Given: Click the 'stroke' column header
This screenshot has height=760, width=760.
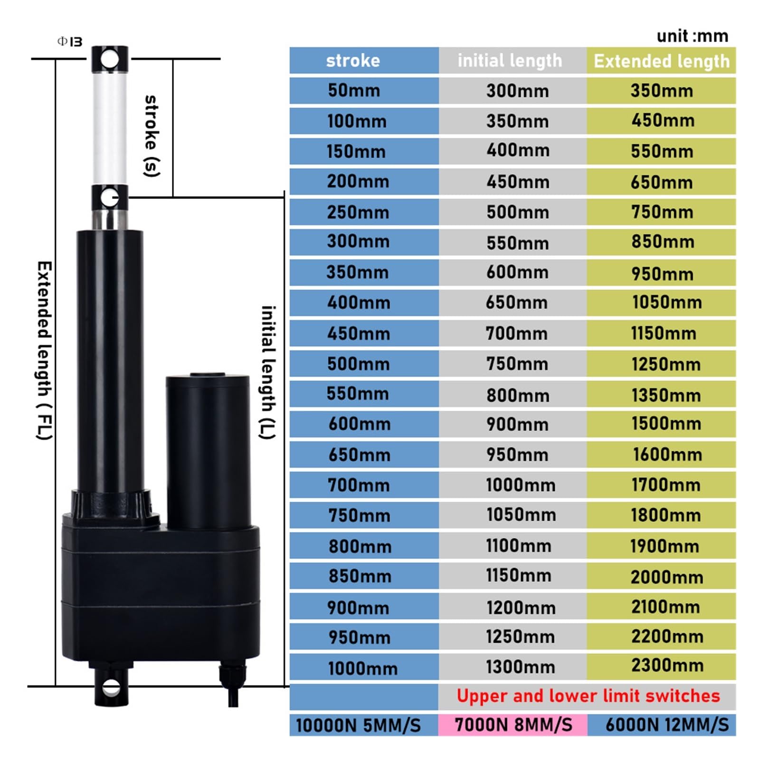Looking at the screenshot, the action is (x=353, y=61).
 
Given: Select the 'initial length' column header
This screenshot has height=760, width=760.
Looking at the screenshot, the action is (x=510, y=61).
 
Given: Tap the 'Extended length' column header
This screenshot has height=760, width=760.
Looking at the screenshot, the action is (x=661, y=61).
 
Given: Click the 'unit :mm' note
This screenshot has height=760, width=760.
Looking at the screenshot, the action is (x=692, y=36).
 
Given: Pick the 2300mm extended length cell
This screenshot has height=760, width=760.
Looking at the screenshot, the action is (x=667, y=665).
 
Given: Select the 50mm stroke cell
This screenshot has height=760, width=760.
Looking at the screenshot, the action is (x=354, y=90).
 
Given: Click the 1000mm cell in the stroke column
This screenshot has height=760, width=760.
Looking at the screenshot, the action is (x=362, y=668).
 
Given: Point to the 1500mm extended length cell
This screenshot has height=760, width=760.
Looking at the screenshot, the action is (x=666, y=423).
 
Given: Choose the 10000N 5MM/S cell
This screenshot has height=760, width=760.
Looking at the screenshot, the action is (x=358, y=725).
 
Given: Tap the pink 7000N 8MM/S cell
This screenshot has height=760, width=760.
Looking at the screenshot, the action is (x=513, y=725).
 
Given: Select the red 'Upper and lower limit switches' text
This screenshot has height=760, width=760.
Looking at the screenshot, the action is (x=588, y=696).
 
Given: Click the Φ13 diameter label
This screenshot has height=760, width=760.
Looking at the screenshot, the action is (x=70, y=42).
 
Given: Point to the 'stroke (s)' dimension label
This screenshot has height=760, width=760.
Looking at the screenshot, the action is (x=151, y=135).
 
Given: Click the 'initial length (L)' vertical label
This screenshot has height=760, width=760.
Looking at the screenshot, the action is (x=268, y=372).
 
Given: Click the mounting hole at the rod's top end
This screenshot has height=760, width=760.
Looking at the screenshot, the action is (x=110, y=60).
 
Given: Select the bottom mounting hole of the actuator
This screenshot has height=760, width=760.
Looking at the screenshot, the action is (x=112, y=687).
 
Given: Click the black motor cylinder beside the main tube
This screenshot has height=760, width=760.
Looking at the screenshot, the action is (x=208, y=451).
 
